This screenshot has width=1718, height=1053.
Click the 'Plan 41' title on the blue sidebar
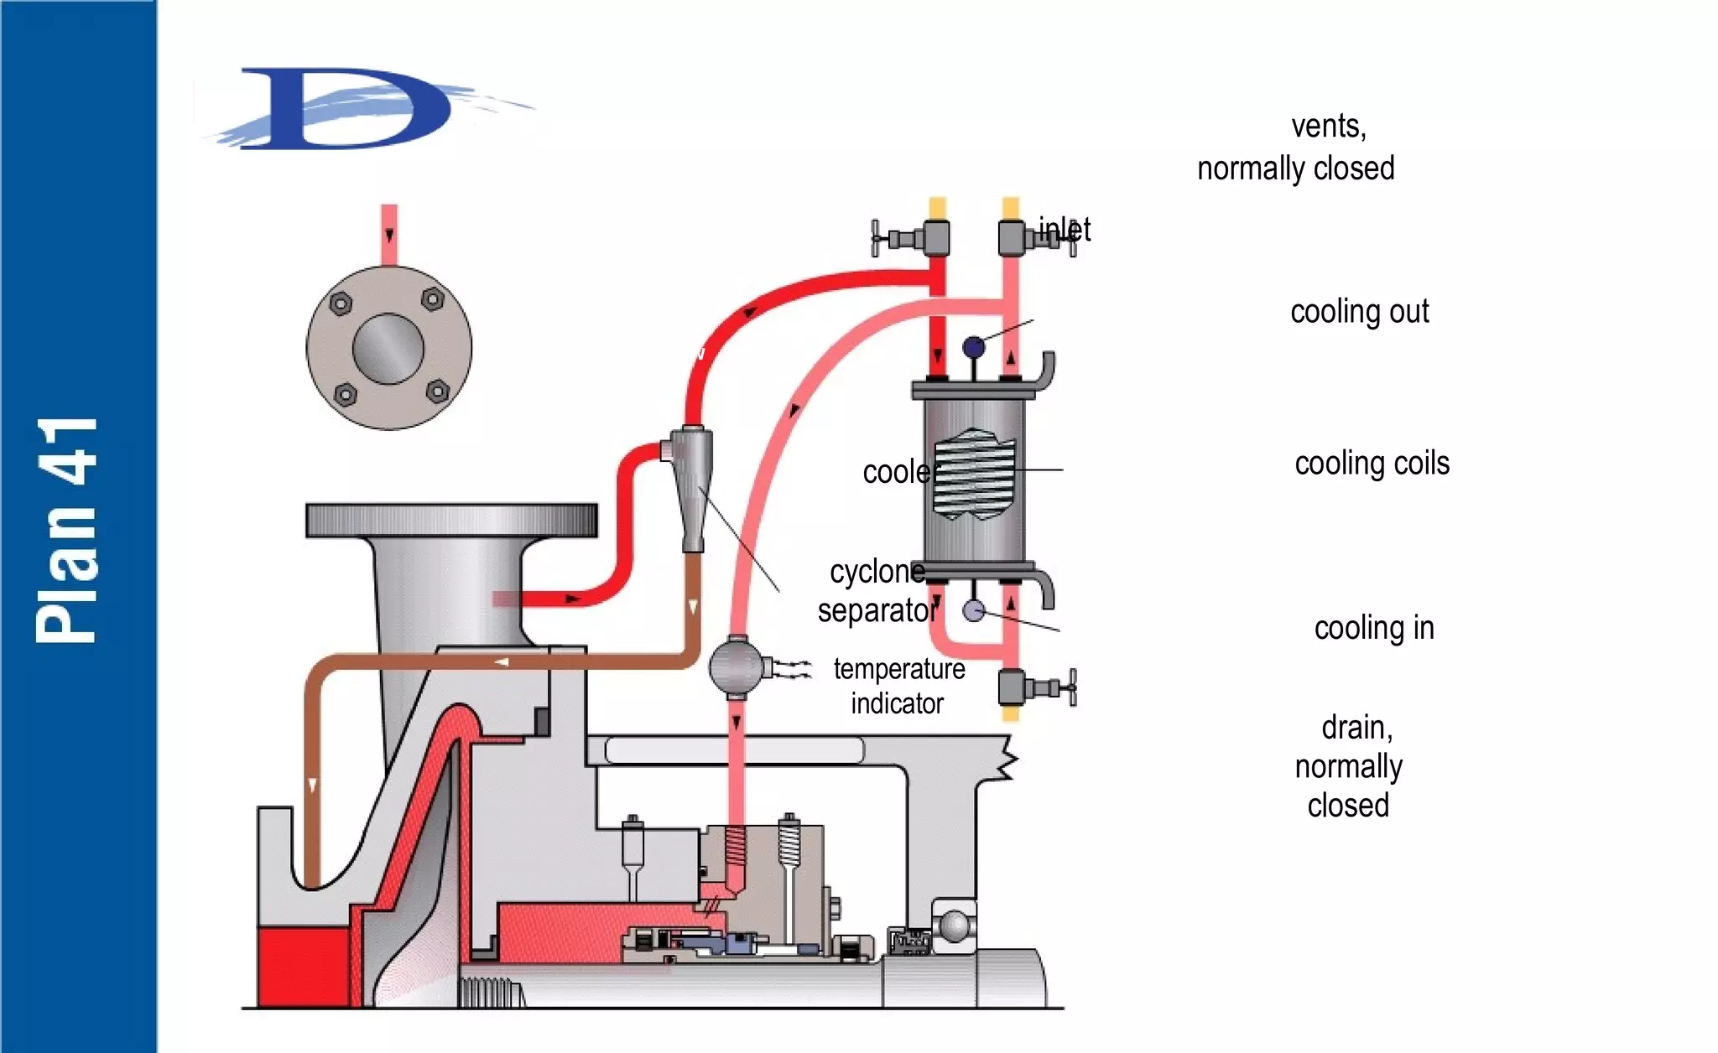pos(67,530)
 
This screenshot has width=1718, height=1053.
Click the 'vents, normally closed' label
pos(1296,148)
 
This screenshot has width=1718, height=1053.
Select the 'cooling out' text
pos(1359,312)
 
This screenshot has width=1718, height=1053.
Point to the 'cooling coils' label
pos(1372,464)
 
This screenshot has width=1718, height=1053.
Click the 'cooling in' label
pos(1373,628)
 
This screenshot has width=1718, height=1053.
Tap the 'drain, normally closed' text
pos(1349,766)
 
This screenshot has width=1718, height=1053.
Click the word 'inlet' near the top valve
pos(1065,229)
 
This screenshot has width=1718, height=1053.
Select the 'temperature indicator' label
pos(898,686)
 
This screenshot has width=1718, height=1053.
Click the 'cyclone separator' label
pos(877,591)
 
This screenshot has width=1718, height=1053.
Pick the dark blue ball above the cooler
pos(973,346)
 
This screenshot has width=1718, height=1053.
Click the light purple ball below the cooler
pos(973,610)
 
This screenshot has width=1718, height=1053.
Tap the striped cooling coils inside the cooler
pos(974,475)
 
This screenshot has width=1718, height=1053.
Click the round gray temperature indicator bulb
pos(736,667)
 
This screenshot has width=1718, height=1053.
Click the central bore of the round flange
pos(388,349)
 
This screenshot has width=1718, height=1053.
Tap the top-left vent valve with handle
pos(914,238)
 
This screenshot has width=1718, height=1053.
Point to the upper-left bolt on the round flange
pos(340,303)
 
